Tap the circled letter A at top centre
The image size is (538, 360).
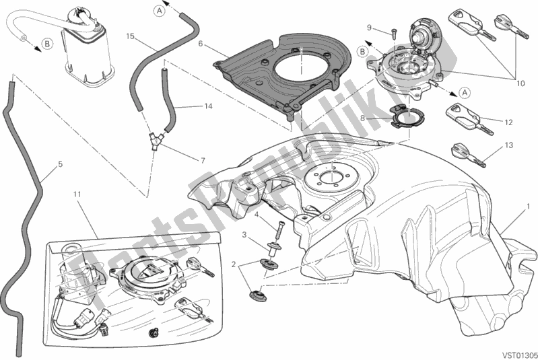(x=159, y=9)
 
